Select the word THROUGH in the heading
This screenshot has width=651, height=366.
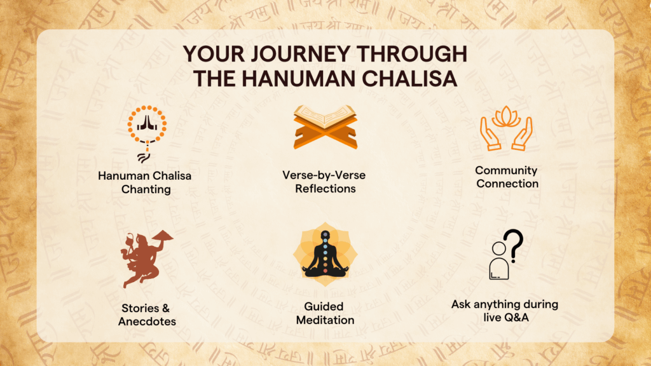click(412, 54)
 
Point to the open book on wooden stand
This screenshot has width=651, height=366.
click(325, 126)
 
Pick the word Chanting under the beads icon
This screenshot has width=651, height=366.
click(146, 189)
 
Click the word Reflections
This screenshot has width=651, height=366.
click(325, 188)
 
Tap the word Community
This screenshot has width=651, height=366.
click(506, 170)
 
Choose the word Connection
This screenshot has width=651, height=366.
click(507, 184)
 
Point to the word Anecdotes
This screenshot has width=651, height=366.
click(147, 322)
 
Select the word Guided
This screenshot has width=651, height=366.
click(324, 307)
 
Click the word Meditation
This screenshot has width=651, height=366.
click(325, 320)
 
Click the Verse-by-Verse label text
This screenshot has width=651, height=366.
click(324, 175)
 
